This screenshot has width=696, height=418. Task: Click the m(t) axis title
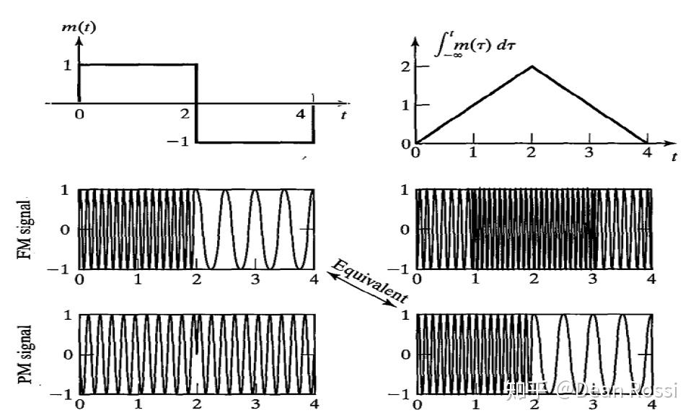coord(79,27)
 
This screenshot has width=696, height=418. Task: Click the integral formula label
coord(475,45)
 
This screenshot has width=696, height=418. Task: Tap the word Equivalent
coord(369,281)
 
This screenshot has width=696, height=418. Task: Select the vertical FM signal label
coord(25,230)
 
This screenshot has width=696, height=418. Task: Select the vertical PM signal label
coord(25,354)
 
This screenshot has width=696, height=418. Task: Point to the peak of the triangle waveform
coord(532,66)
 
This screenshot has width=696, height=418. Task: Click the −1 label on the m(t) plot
coord(177,141)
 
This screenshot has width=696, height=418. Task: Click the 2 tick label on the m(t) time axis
coord(185,114)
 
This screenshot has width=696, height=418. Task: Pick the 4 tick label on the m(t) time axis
coord(301,114)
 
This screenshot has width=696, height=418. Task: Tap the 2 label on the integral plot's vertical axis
coord(405,66)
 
